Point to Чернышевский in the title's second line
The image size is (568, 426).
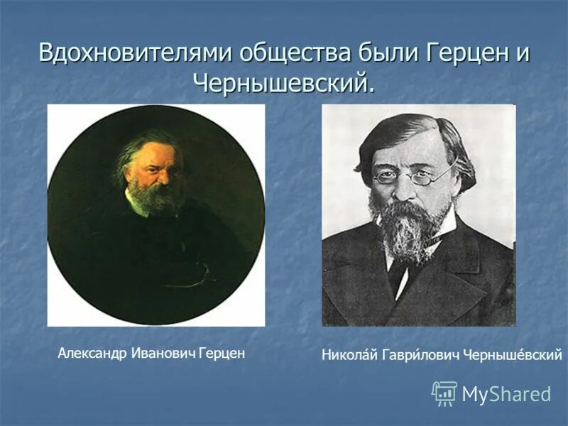(x=283, y=83)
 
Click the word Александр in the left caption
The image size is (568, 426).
(x=92, y=353)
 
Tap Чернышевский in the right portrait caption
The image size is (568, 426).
(x=512, y=354)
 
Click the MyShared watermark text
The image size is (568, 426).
(x=506, y=393)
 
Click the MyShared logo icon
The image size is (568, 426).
(x=444, y=393)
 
